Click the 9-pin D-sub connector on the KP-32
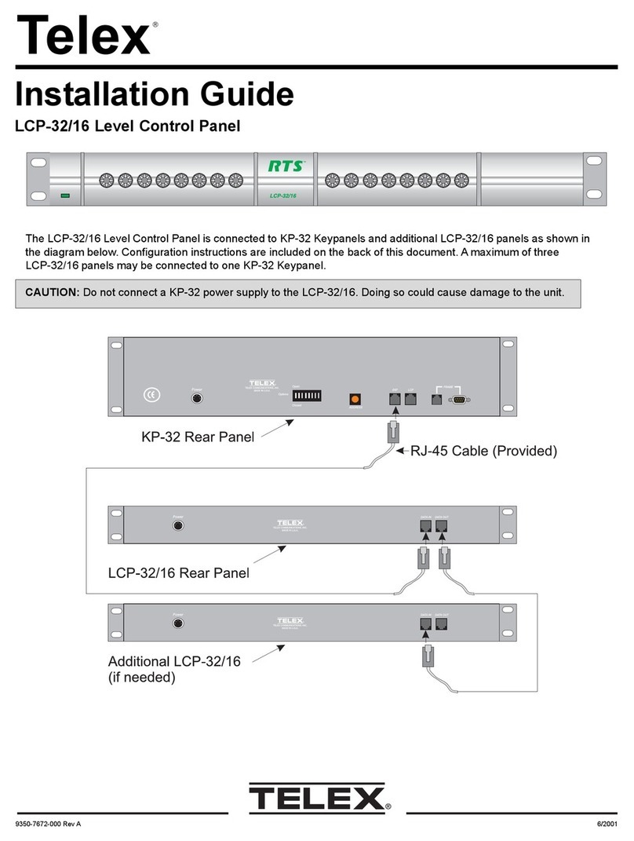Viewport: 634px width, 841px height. (x=460, y=399)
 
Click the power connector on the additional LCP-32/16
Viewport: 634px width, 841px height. (x=178, y=625)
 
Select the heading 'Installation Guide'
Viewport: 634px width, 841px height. (x=155, y=95)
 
